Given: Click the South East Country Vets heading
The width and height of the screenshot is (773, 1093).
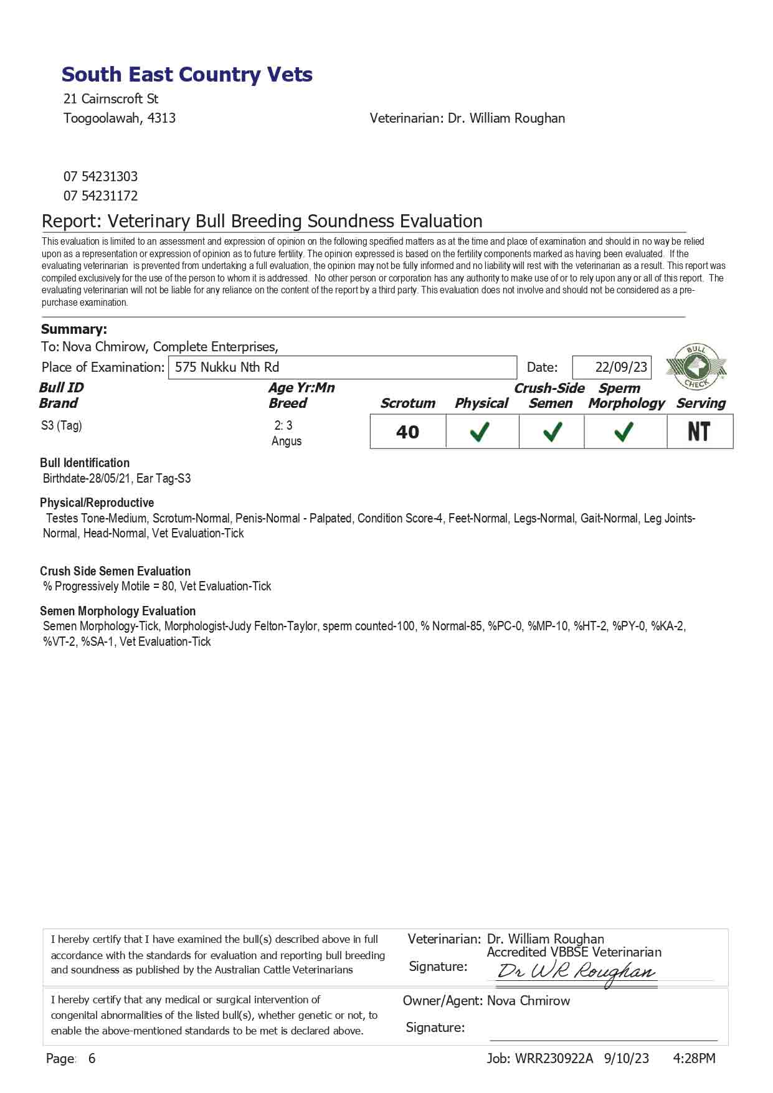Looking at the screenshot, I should (x=187, y=75).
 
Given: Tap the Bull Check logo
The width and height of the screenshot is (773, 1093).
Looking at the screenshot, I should (x=696, y=367).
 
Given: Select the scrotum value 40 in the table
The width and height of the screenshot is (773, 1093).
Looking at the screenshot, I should (x=407, y=432).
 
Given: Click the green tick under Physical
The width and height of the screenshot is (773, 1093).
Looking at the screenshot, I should (x=480, y=432).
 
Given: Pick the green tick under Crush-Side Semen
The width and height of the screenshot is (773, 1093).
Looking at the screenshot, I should (x=552, y=432).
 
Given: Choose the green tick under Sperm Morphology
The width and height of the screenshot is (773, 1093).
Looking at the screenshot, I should (x=624, y=432).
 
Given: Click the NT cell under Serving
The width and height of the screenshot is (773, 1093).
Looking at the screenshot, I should (x=699, y=432).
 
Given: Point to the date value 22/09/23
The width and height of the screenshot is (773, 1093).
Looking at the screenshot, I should (x=621, y=367).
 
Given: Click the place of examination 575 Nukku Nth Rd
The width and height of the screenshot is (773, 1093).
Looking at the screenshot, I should (x=227, y=367).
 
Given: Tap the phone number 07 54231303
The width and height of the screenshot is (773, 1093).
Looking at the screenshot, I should (x=100, y=176).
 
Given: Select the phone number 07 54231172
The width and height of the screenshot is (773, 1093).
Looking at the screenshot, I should (x=100, y=196).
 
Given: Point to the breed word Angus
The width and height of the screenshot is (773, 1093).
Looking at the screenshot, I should (x=287, y=441).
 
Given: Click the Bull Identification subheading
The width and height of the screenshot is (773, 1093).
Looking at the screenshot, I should (x=85, y=463).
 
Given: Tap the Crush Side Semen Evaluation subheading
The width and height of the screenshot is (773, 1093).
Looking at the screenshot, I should (x=115, y=571).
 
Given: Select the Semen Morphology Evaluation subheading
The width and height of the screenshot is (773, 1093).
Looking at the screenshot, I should (x=118, y=611).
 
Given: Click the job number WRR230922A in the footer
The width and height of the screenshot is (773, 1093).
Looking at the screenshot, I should (x=554, y=1058).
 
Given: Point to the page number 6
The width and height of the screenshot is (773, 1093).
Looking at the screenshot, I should (x=92, y=1058).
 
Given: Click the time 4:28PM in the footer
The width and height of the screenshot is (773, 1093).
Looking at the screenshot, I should (x=695, y=1058).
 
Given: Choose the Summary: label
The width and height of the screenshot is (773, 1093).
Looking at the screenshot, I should (x=74, y=329).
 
